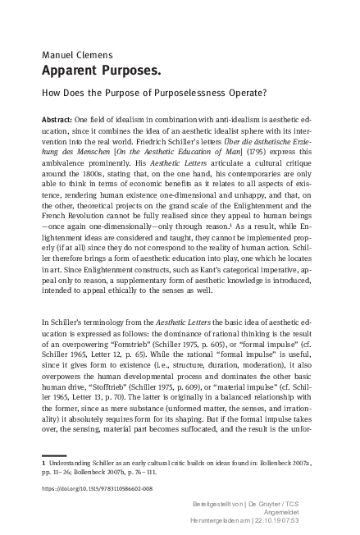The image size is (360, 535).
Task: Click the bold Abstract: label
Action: (57, 120)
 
